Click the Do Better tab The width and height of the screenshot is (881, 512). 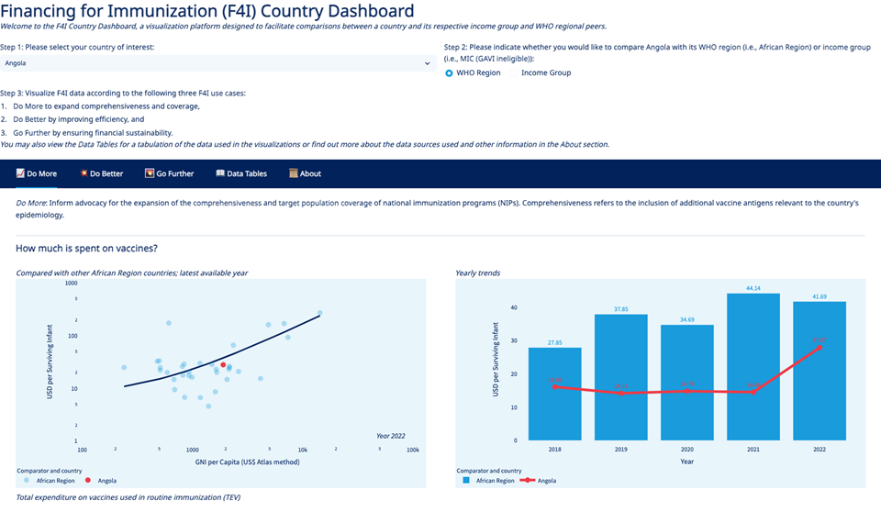click(102, 173)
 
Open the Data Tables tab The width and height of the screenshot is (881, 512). click(241, 173)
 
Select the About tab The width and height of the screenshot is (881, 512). click(306, 173)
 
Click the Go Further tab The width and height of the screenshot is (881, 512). click(170, 173)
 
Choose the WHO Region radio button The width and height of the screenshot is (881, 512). click(450, 72)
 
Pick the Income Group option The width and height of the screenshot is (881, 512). click(545, 72)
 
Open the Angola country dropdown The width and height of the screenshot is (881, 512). click(217, 63)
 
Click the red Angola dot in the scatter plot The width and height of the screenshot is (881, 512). click(223, 365)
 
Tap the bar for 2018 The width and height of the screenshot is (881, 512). click(554, 393)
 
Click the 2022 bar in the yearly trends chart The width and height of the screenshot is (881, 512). click(820, 371)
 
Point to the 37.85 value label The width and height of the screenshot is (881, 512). click(620, 309)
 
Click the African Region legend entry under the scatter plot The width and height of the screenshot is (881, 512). click(54, 480)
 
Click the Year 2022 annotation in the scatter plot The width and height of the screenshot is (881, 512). click(390, 435)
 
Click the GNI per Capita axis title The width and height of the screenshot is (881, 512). click(247, 462)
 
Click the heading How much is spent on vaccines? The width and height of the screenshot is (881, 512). click(86, 249)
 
